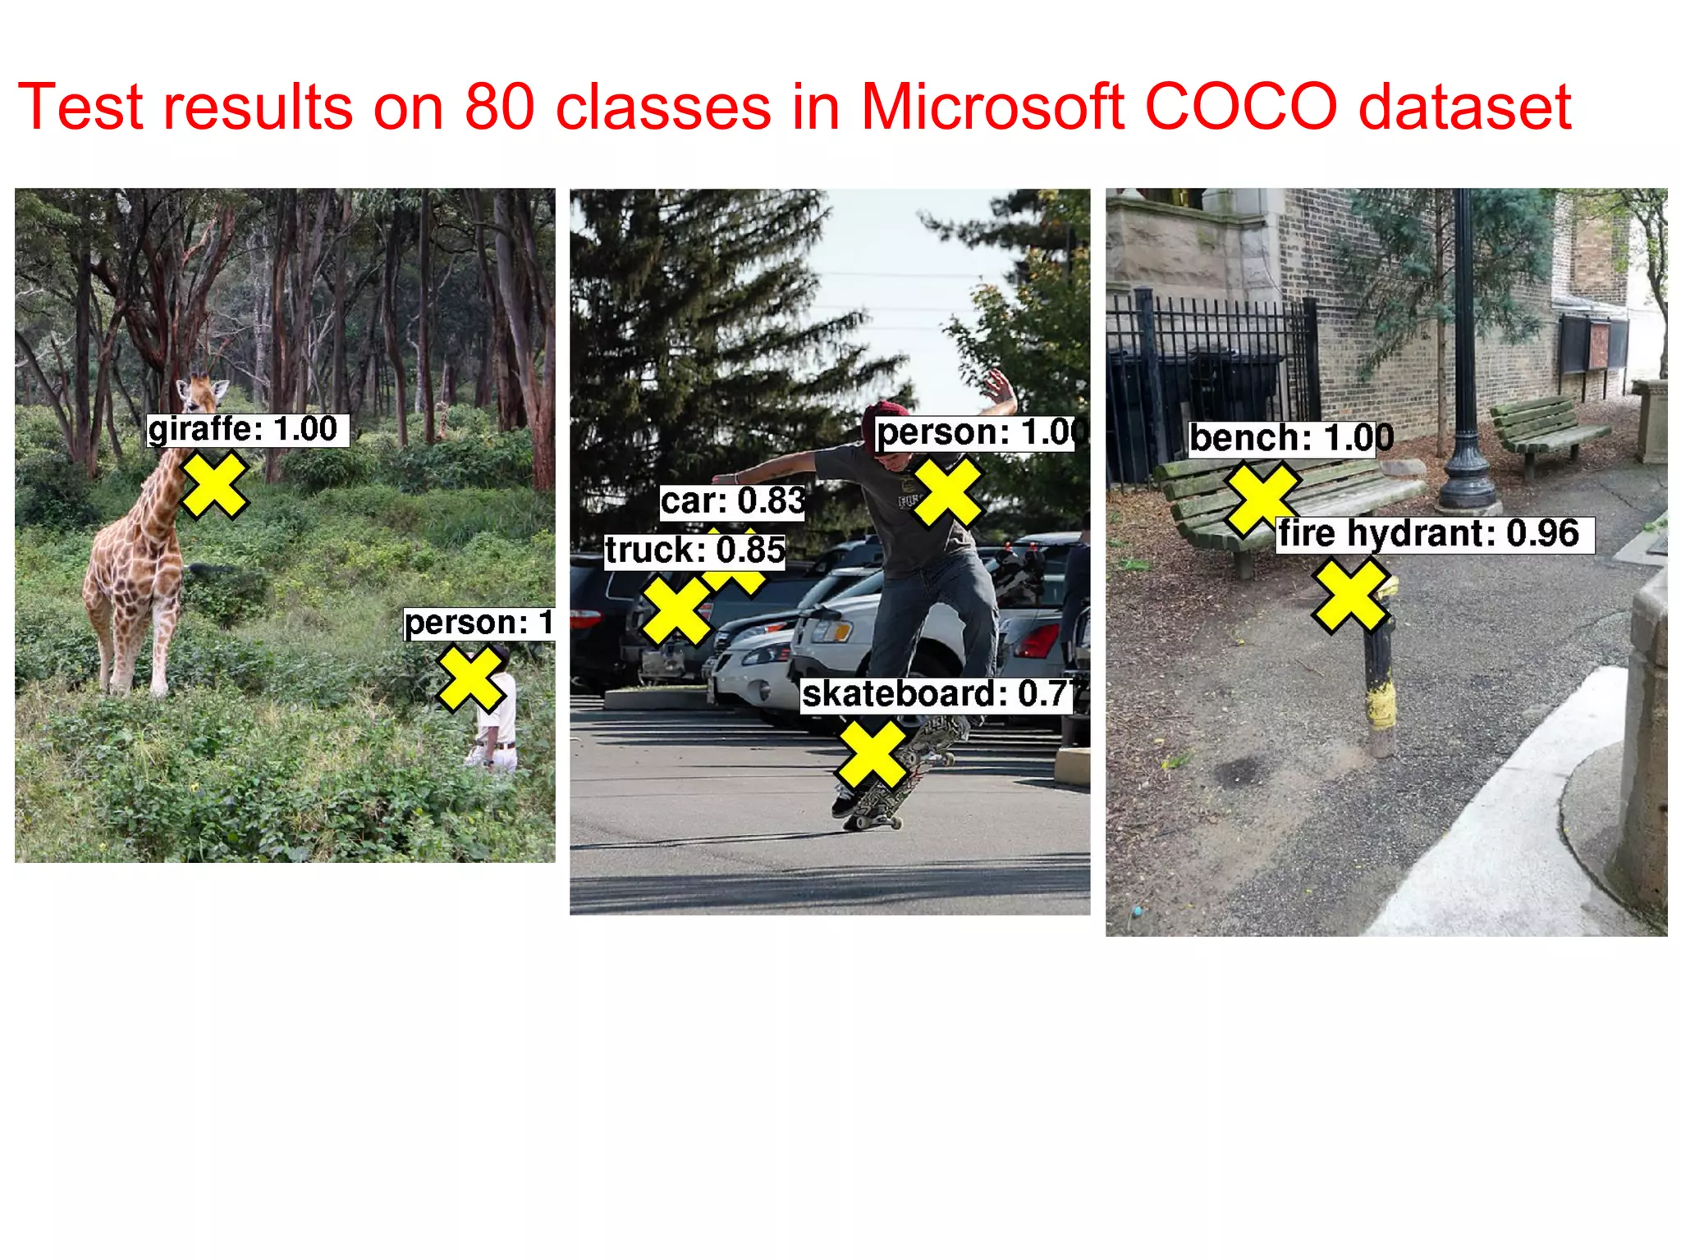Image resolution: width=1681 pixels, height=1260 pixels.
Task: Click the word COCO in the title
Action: pyautogui.click(x=1239, y=107)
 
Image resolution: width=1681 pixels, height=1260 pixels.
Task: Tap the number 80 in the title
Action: pyautogui.click(x=499, y=107)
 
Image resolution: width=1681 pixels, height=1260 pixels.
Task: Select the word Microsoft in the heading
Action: pyautogui.click(x=991, y=107)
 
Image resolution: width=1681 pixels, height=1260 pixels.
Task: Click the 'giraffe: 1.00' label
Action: pyautogui.click(x=246, y=430)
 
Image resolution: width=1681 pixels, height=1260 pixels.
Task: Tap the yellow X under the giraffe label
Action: pyautogui.click(x=213, y=485)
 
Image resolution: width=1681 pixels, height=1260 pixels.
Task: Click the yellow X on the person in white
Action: pyautogui.click(x=470, y=678)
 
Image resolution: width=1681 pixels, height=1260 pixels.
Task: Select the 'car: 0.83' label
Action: pyautogui.click(x=732, y=501)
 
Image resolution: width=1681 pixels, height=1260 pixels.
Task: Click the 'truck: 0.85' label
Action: pyautogui.click(x=694, y=550)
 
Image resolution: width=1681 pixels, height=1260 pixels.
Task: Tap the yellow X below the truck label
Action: pyautogui.click(x=676, y=611)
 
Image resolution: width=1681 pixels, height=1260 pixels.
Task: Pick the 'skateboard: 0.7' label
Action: pyautogui.click(x=936, y=695)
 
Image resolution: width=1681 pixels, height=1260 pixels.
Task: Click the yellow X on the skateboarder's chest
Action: pyautogui.click(x=948, y=492)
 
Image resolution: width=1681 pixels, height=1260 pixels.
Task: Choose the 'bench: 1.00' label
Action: pyautogui.click(x=1290, y=438)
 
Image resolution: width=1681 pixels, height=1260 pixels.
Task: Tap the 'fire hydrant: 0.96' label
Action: pyautogui.click(x=1433, y=534)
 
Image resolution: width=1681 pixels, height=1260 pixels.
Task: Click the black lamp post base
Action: pyautogui.click(x=1467, y=488)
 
